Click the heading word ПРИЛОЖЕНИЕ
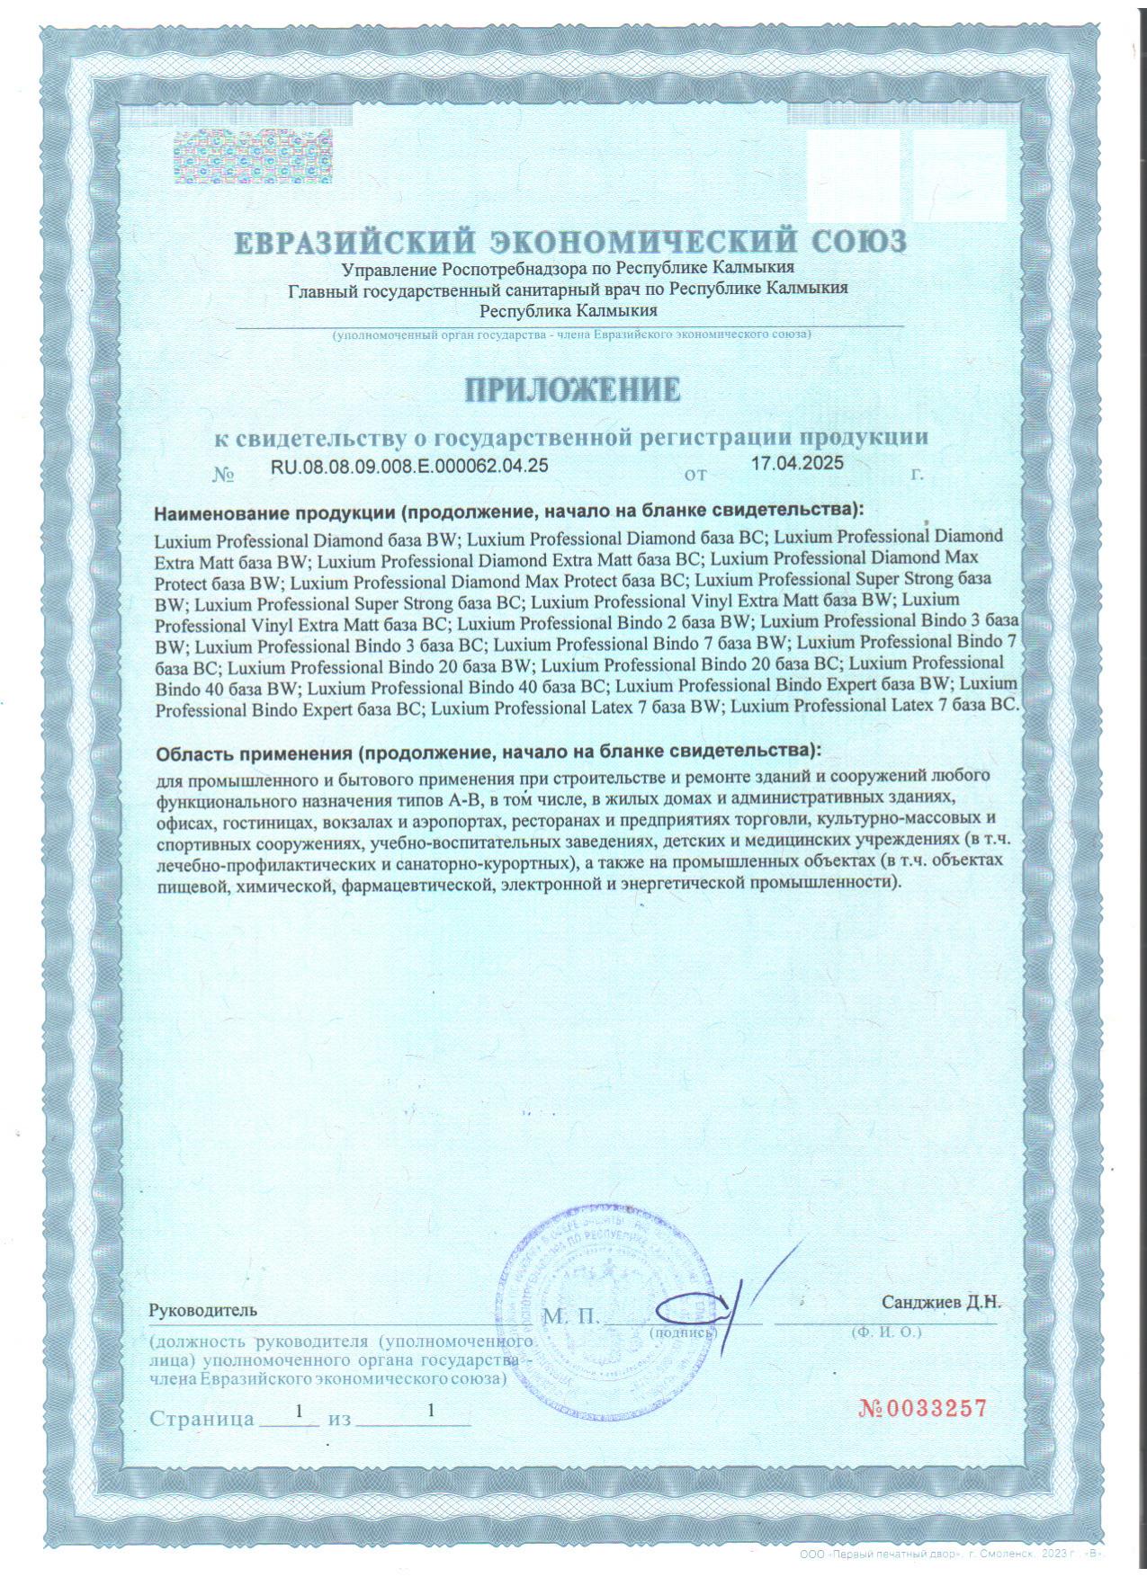(x=572, y=389)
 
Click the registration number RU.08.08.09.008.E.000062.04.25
(x=409, y=466)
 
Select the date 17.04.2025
(x=797, y=464)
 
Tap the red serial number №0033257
(x=922, y=1408)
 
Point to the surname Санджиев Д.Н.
(x=940, y=1302)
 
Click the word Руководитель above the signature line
(x=203, y=1310)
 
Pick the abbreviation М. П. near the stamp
(x=570, y=1317)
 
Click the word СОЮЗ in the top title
(x=858, y=242)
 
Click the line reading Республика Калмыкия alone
(x=568, y=311)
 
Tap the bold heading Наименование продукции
(x=274, y=512)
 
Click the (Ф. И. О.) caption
(x=886, y=1332)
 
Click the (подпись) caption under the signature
(x=682, y=1332)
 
